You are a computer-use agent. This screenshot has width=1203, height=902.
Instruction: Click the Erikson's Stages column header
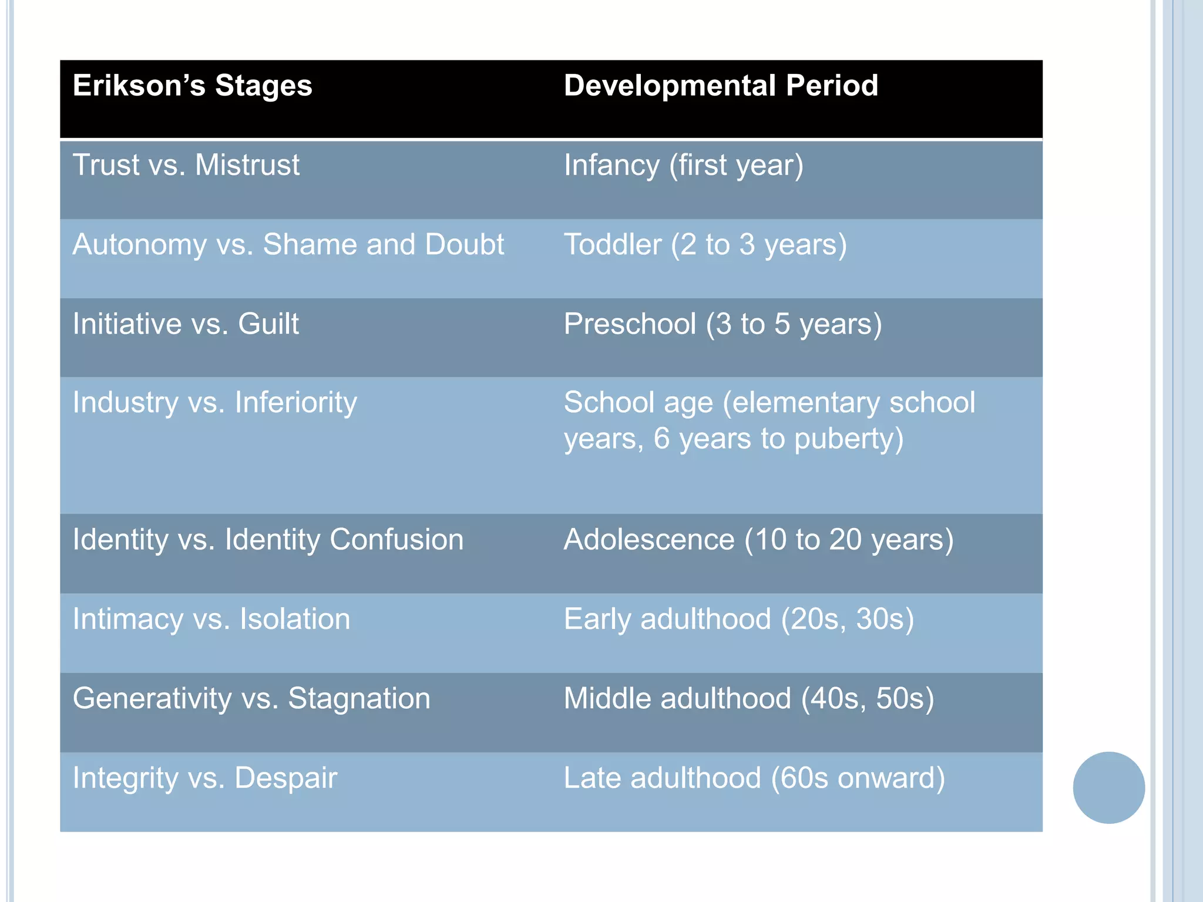192,86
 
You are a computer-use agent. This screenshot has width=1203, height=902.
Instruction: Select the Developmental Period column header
721,86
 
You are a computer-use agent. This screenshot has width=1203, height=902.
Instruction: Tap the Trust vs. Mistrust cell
186,165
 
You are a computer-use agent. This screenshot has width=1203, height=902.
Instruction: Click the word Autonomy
139,245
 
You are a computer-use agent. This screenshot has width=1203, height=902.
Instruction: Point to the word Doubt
464,244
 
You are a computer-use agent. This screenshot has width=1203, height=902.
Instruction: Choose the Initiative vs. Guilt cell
186,324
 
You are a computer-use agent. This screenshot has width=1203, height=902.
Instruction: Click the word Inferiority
295,403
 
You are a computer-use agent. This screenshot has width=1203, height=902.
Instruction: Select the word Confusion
396,540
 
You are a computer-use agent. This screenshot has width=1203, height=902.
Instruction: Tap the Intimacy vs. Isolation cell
211,620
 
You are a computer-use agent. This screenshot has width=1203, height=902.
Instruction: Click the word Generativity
152,699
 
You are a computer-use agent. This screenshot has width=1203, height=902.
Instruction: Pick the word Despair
285,779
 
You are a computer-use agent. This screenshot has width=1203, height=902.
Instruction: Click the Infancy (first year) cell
683,166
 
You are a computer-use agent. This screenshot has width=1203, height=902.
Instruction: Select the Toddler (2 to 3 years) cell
705,245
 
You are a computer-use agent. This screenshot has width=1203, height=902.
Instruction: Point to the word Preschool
630,324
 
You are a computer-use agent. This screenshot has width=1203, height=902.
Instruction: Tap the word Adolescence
649,540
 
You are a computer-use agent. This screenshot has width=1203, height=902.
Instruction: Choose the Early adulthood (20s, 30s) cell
738,620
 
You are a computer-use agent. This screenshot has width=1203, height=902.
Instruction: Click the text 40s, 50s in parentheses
867,699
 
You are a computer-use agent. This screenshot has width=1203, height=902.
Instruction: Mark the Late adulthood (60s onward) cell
754,779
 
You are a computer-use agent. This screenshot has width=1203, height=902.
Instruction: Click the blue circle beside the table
1108,787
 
